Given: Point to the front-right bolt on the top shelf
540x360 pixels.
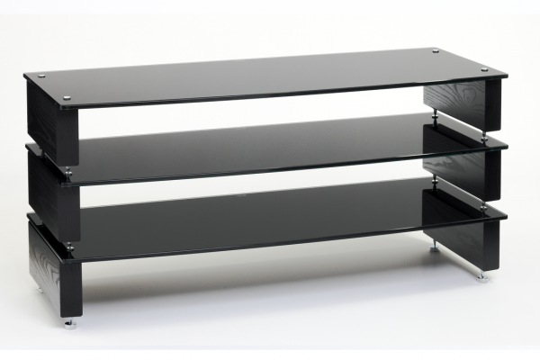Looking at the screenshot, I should click(x=484, y=70).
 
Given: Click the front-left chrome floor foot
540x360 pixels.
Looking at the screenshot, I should click(x=68, y=323).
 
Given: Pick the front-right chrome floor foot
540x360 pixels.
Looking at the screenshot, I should click(x=482, y=275).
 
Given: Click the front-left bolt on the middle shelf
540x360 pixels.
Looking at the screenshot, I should click(x=67, y=169).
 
